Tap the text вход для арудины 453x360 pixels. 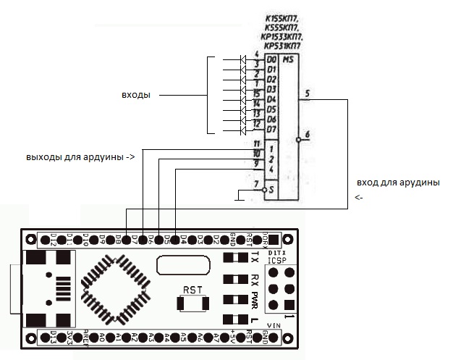click(398, 182)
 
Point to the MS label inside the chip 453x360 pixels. click(288, 59)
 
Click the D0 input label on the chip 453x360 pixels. click(271, 59)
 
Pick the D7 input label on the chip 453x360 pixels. click(271, 129)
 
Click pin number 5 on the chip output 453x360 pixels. click(308, 93)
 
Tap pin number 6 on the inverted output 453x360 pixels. click(308, 134)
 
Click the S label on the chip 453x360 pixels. click(271, 189)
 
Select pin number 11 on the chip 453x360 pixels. click(256, 143)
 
